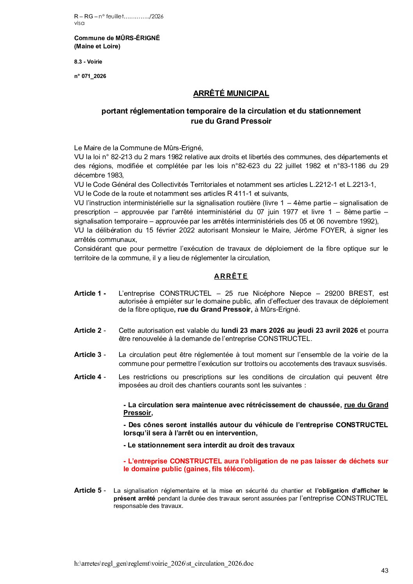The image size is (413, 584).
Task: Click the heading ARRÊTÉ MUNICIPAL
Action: pos(231,94)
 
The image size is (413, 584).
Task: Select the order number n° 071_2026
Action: pos(90,76)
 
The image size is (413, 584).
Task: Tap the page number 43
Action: pos(385,571)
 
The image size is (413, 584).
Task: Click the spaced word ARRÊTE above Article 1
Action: pos(231,276)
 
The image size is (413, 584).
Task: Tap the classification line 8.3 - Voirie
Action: pos(88,62)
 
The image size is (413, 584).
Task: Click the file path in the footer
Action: pos(164,563)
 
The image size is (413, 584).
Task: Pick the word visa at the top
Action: pos(79,23)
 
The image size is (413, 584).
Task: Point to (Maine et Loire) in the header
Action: pos(97,46)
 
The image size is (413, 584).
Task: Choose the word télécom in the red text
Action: pos(239,469)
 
